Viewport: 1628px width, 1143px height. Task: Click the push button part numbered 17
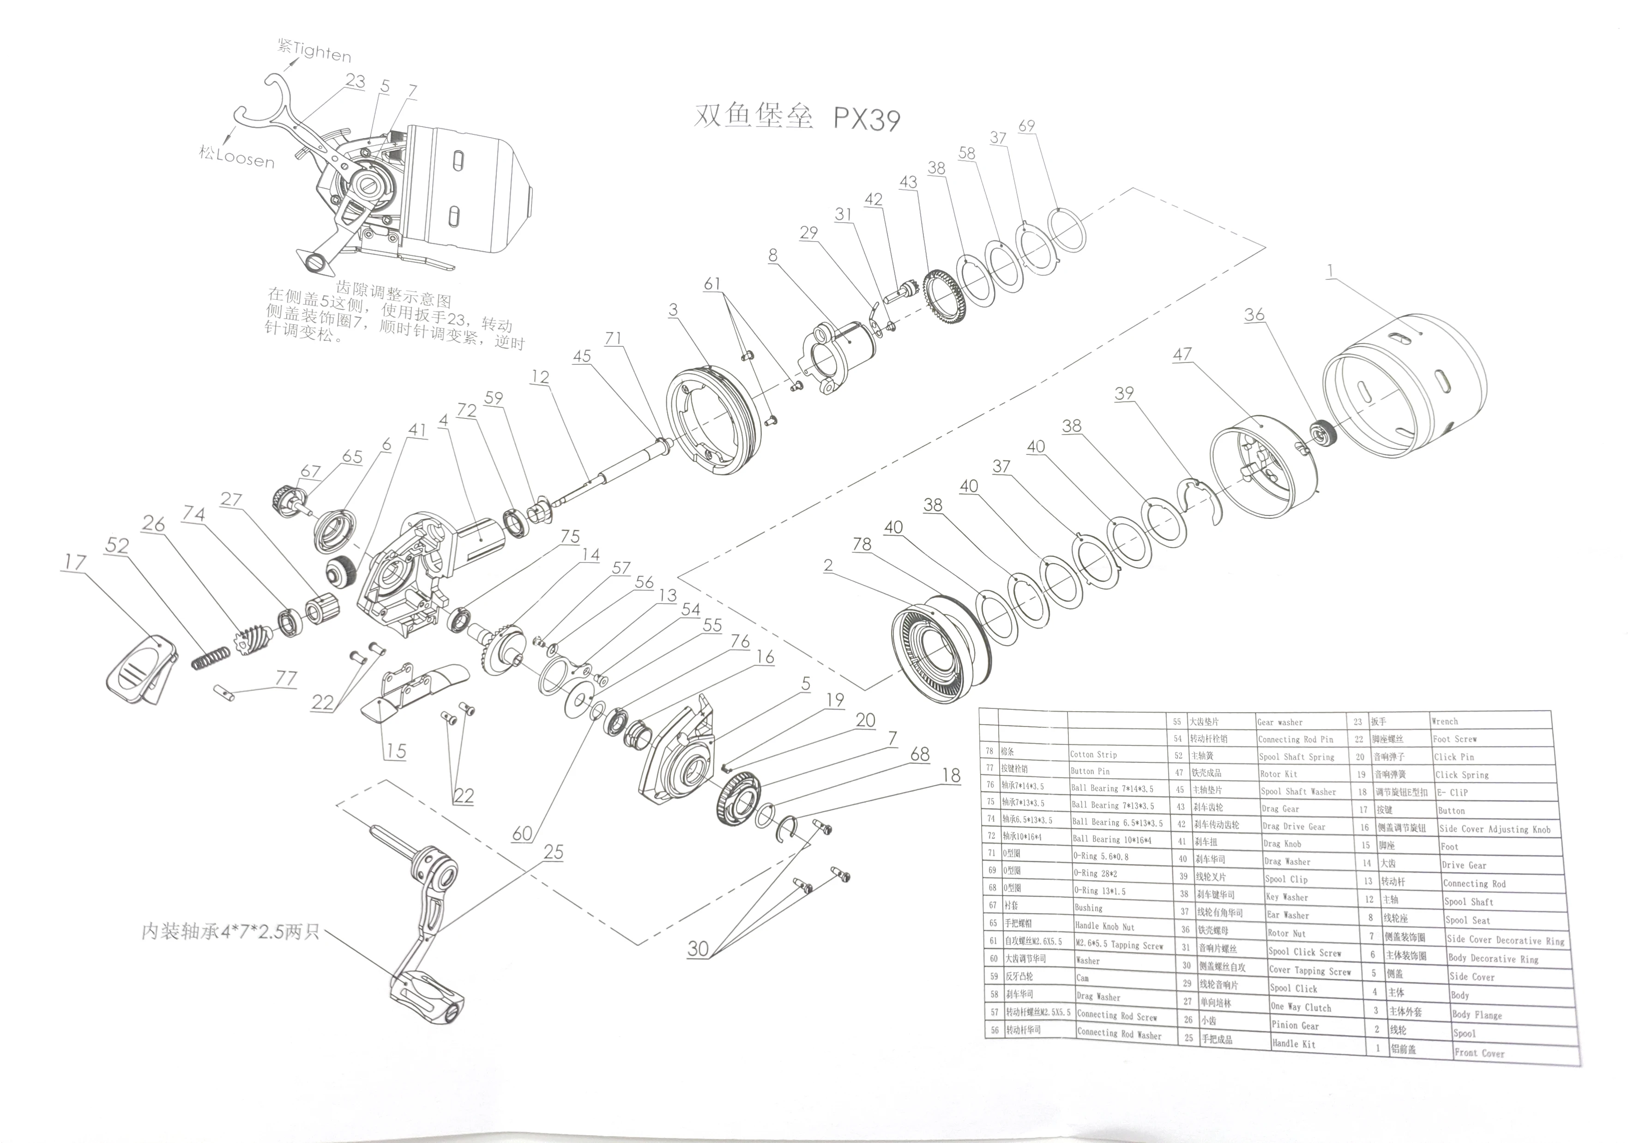pyautogui.click(x=140, y=670)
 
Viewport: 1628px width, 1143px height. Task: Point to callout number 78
pyautogui.click(x=862, y=544)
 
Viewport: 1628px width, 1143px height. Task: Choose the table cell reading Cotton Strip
pyautogui.click(x=1093, y=755)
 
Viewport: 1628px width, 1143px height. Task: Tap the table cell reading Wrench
pyautogui.click(x=1444, y=721)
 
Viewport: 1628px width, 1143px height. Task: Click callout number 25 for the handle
pyautogui.click(x=553, y=852)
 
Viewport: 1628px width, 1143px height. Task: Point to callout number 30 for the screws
pyautogui.click(x=698, y=949)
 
